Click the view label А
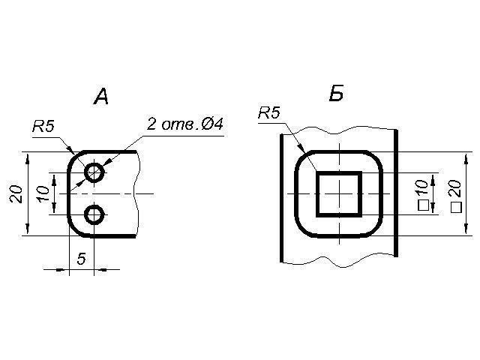(101, 96)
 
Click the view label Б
(336, 94)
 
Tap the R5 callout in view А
(43, 127)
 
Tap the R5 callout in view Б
(268, 113)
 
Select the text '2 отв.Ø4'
(184, 124)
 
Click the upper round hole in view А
(94, 172)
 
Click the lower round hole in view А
(94, 215)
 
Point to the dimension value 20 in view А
(16, 193)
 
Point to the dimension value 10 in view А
(44, 193)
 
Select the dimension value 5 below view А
(81, 258)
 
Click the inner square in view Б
(339, 193)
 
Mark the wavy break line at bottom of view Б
(337, 262)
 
